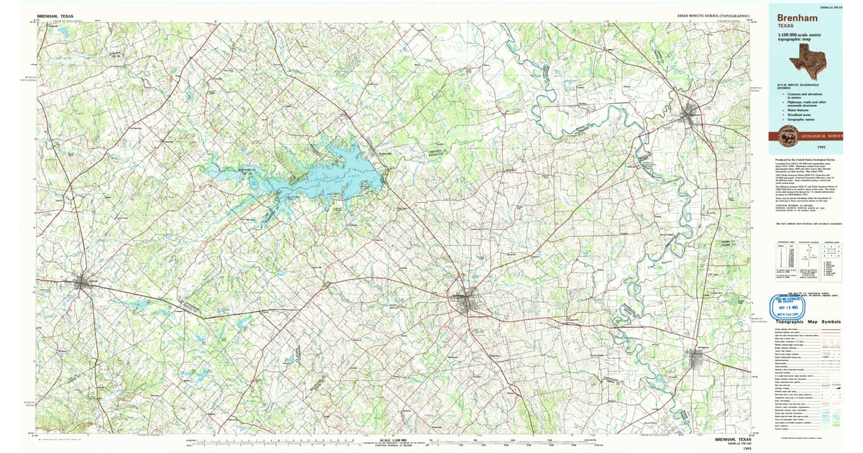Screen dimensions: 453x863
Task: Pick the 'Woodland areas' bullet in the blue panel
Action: [x=796, y=114]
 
